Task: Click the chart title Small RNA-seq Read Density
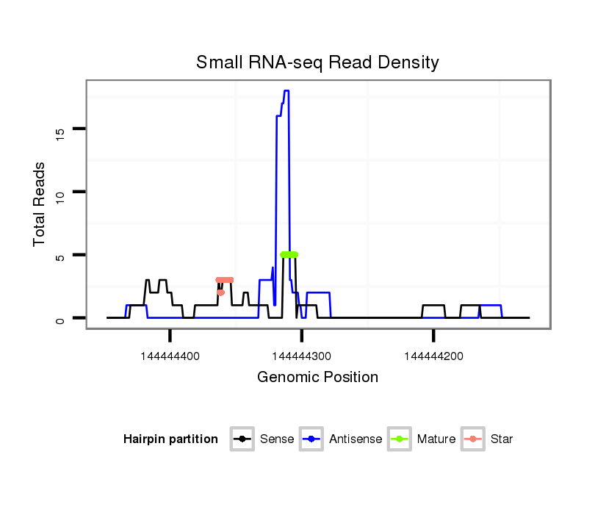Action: click(x=317, y=62)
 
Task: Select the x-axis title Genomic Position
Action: click(x=317, y=378)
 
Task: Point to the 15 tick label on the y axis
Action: click(x=61, y=132)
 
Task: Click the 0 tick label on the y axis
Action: click(x=61, y=319)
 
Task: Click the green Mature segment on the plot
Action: click(x=289, y=254)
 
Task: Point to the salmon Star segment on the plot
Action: click(x=225, y=280)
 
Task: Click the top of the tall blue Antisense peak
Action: click(x=286, y=91)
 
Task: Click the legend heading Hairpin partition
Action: click(x=170, y=439)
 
